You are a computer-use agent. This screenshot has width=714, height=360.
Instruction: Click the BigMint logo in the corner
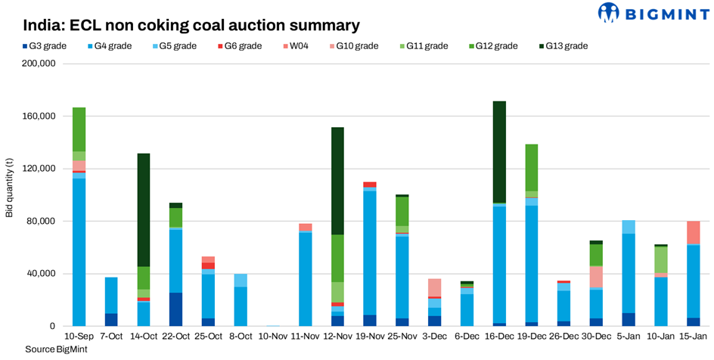[652, 13]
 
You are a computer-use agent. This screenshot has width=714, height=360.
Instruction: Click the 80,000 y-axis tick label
[42, 222]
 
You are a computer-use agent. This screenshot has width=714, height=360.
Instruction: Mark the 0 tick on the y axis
[53, 327]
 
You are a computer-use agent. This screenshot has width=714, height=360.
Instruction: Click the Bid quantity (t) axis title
[9, 195]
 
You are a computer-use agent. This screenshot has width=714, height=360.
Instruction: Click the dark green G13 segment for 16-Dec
[498, 151]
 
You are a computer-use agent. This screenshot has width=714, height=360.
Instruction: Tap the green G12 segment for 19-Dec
[531, 167]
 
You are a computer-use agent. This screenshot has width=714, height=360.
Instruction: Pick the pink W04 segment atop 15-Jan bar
[694, 232]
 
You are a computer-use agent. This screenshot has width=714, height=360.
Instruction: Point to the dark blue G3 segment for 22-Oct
[175, 309]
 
